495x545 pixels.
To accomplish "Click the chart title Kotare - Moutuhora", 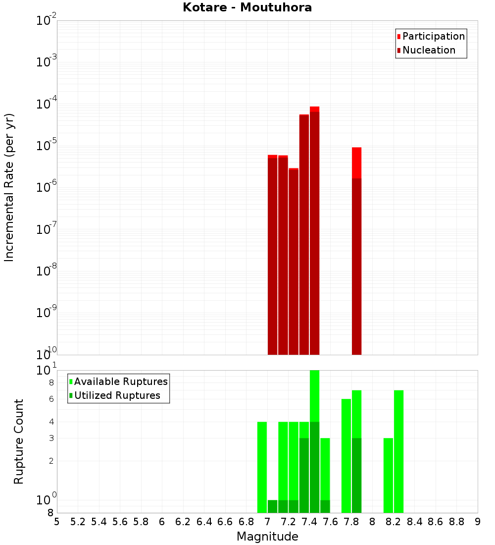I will pos(247,7).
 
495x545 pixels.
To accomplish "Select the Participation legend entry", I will pos(431,36).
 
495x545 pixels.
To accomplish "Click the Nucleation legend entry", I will pos(426,50).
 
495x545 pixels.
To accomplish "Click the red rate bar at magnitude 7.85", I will pos(356,248).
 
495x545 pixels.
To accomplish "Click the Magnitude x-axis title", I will pos(267,537).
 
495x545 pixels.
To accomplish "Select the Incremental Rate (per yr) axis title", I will pos(9,187).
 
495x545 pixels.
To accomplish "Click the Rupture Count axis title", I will pos(19,441).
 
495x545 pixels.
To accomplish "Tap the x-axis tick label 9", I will pos(477,522).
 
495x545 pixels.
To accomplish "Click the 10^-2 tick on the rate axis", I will pos(47,21).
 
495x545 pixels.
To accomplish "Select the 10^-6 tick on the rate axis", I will pos(47,188).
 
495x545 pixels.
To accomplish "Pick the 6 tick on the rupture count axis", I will pos(51,399).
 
